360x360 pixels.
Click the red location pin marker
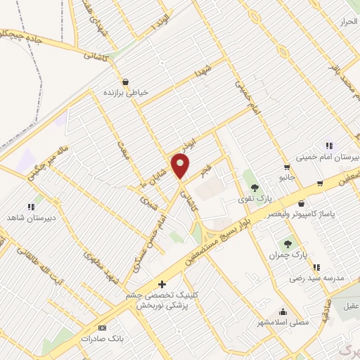[181, 167]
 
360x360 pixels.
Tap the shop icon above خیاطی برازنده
[125, 81]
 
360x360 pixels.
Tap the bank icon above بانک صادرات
[103, 328]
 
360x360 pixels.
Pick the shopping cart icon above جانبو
[287, 167]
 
